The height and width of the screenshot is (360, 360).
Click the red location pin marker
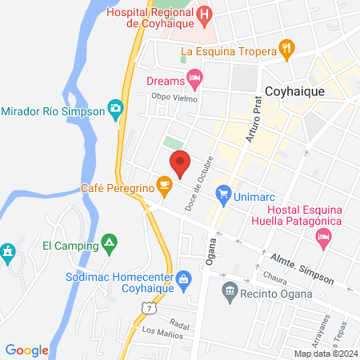click(181, 162)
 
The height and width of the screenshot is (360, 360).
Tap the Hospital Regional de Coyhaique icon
click(205, 14)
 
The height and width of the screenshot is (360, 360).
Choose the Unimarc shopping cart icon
click(224, 193)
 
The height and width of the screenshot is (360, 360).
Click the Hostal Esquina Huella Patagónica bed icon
click(323, 236)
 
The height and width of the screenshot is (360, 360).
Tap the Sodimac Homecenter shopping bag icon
click(184, 278)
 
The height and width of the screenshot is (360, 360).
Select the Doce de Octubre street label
click(202, 178)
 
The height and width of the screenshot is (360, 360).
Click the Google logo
click(27, 350)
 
